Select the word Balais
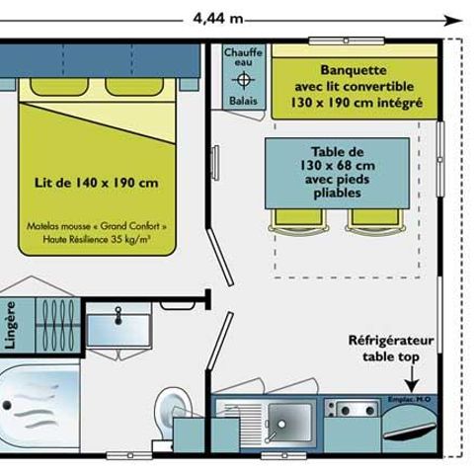[243, 101]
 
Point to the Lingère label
[11, 325]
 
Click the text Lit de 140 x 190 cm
[97, 183]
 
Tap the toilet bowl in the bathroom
[172, 404]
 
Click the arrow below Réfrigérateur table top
[410, 382]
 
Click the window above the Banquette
[346, 40]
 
